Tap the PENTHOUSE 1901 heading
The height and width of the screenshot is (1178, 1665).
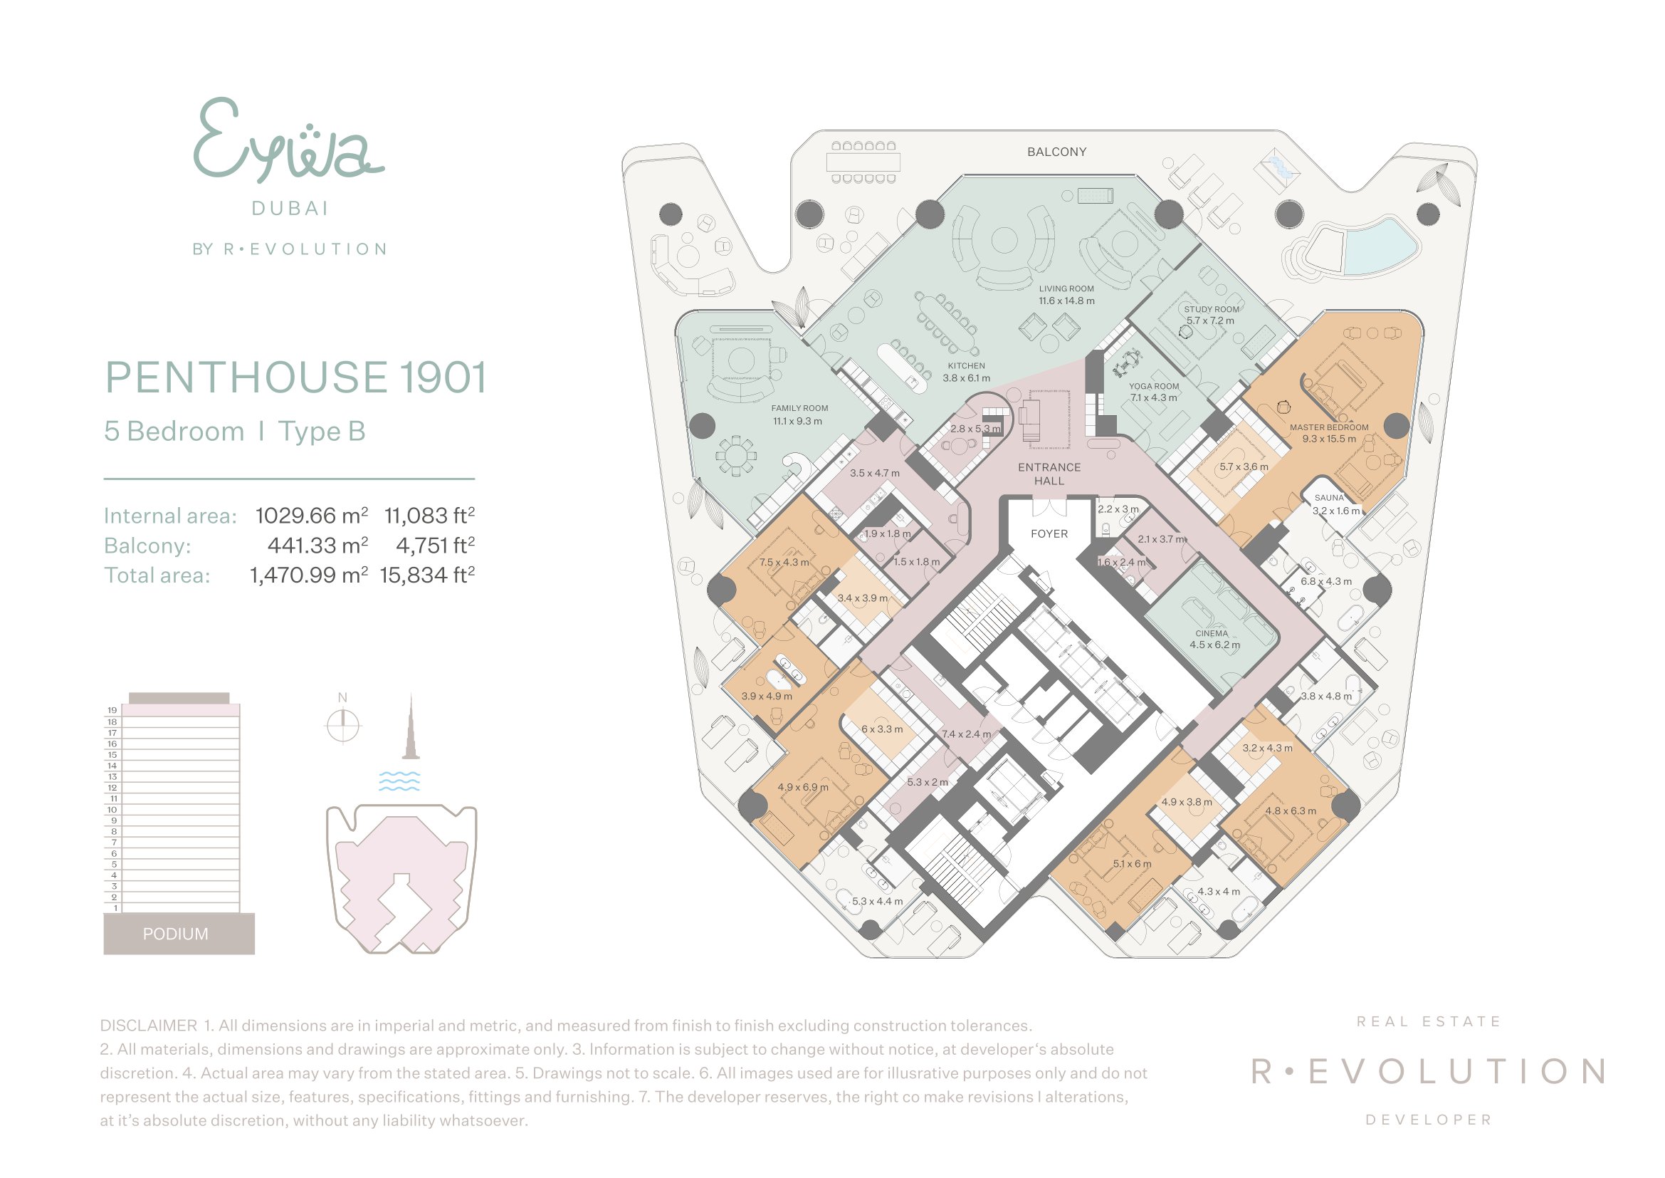click(296, 377)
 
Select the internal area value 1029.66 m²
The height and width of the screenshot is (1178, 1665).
click(312, 516)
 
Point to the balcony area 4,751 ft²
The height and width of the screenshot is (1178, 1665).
click(435, 546)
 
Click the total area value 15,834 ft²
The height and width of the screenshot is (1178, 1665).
click(427, 575)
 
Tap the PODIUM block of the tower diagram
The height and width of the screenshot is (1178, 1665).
click(179, 934)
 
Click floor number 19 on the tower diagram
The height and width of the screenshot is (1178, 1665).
click(112, 710)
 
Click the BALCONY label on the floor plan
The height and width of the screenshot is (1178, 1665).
click(1056, 152)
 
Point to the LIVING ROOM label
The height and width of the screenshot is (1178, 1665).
click(1066, 288)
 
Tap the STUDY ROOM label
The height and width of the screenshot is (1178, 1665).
click(1211, 309)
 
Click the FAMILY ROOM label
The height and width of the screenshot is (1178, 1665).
click(799, 408)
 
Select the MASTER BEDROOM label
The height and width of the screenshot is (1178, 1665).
click(1328, 428)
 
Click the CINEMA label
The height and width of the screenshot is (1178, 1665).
click(1212, 633)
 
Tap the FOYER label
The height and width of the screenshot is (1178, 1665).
click(1049, 534)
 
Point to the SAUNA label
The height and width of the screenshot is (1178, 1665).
click(1328, 499)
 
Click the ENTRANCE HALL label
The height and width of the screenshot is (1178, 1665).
click(1049, 474)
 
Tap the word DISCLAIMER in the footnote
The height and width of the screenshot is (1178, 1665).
click(149, 1026)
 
